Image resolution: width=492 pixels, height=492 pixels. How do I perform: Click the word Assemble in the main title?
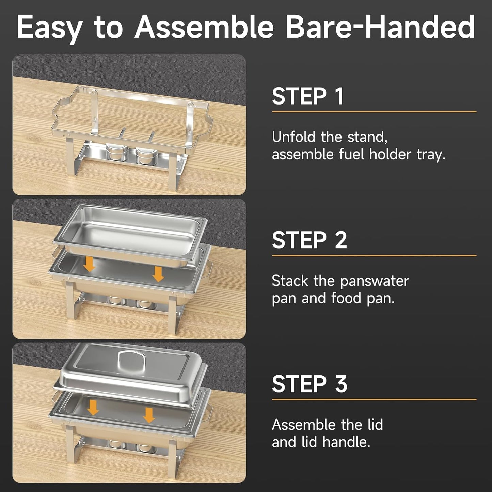(x=204, y=27)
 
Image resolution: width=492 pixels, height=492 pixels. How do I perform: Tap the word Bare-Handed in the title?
(x=380, y=27)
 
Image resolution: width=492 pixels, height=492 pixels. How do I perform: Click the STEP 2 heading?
(x=309, y=240)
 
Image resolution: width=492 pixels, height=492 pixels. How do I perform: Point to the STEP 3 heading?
(x=309, y=384)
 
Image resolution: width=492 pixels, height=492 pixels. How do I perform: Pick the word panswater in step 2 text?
(x=375, y=281)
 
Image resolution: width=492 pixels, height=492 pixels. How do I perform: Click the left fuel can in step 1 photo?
(x=116, y=152)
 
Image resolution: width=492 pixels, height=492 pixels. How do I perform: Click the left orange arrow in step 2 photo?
(x=90, y=264)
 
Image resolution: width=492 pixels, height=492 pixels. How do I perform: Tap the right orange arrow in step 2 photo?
(x=158, y=273)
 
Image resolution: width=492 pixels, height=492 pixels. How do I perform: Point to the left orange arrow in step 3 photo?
(x=93, y=407)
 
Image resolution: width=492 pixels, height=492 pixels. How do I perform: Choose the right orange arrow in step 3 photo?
(x=149, y=415)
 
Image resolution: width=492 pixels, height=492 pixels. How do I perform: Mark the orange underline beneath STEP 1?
(x=374, y=111)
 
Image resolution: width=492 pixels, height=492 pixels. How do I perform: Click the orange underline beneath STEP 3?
(x=374, y=399)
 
